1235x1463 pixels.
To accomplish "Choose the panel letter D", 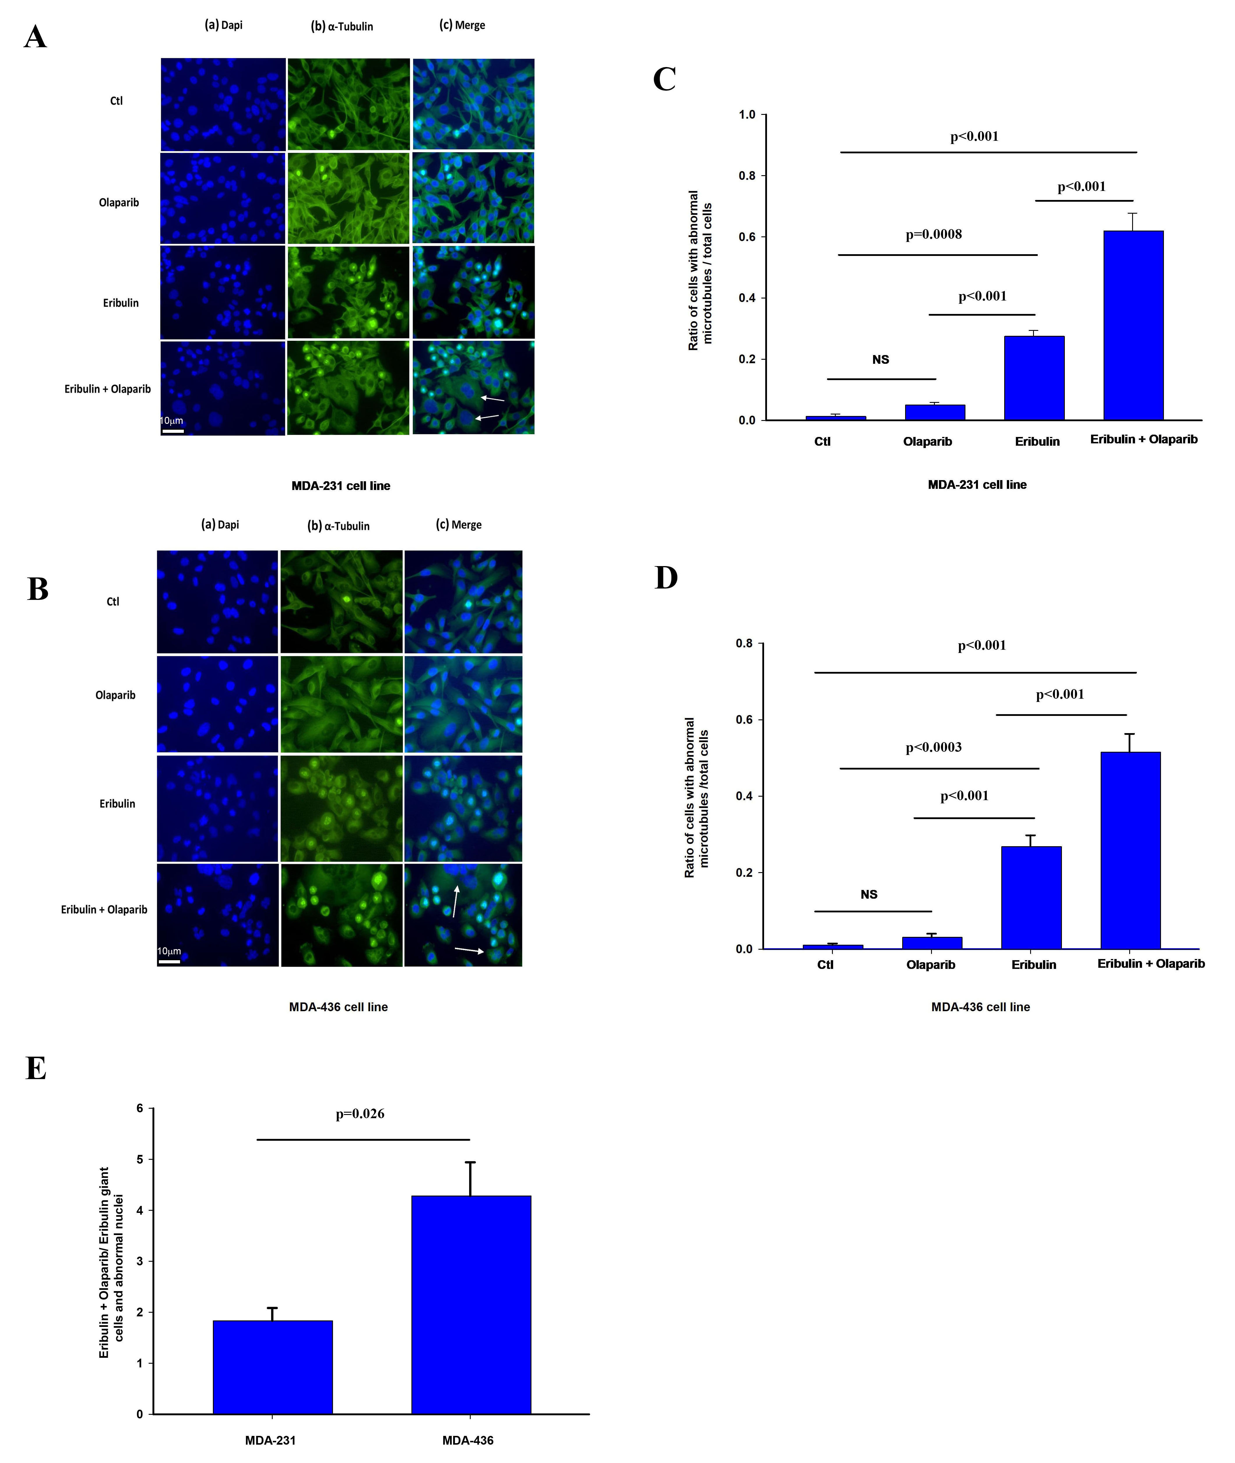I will click(x=666, y=578).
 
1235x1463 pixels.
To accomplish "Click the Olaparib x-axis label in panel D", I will click(x=930, y=965).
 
